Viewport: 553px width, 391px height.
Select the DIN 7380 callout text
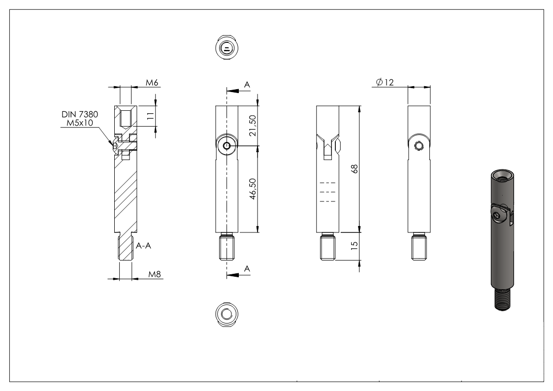80,114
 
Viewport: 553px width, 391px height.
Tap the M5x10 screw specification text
80,123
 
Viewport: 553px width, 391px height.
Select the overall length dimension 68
355,168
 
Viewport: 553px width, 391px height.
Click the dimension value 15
355,245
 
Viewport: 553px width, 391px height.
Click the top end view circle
227,48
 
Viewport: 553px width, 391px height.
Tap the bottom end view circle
227,314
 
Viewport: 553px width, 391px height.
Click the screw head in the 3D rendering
499,216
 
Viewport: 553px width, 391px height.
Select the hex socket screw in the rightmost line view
419,145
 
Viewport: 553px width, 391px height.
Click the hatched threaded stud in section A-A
126,249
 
